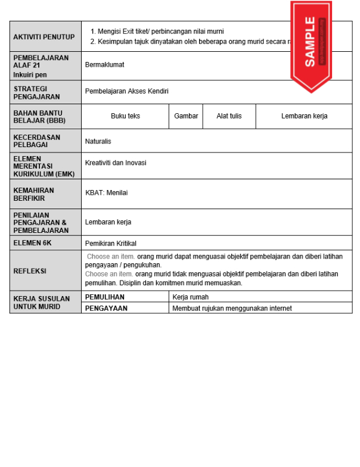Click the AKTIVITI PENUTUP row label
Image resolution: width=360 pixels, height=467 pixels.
[44, 36]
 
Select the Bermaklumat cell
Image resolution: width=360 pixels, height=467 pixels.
[105, 64]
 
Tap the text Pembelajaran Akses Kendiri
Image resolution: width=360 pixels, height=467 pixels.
[127, 91]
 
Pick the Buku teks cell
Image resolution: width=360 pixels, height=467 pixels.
[125, 116]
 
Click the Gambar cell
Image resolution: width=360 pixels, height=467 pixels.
[186, 116]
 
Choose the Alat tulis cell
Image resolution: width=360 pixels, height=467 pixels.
[229, 116]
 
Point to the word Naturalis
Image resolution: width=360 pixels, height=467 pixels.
[98, 141]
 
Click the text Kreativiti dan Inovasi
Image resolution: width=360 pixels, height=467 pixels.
[116, 163]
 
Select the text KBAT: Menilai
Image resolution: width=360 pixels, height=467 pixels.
[107, 193]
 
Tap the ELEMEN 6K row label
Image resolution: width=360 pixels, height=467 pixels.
[36, 243]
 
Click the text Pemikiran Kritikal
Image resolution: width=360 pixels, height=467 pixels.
[111, 243]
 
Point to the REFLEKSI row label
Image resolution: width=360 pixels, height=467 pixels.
[30, 271]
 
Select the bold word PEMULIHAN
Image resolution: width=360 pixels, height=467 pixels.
[105, 297]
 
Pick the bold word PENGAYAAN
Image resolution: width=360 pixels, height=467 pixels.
[106, 308]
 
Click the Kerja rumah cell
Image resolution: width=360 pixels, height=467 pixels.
[190, 297]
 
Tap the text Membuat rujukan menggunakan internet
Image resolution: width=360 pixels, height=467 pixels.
[232, 308]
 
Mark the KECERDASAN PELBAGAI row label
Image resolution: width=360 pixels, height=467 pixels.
[38, 141]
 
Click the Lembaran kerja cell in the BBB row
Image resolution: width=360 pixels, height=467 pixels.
[304, 116]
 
